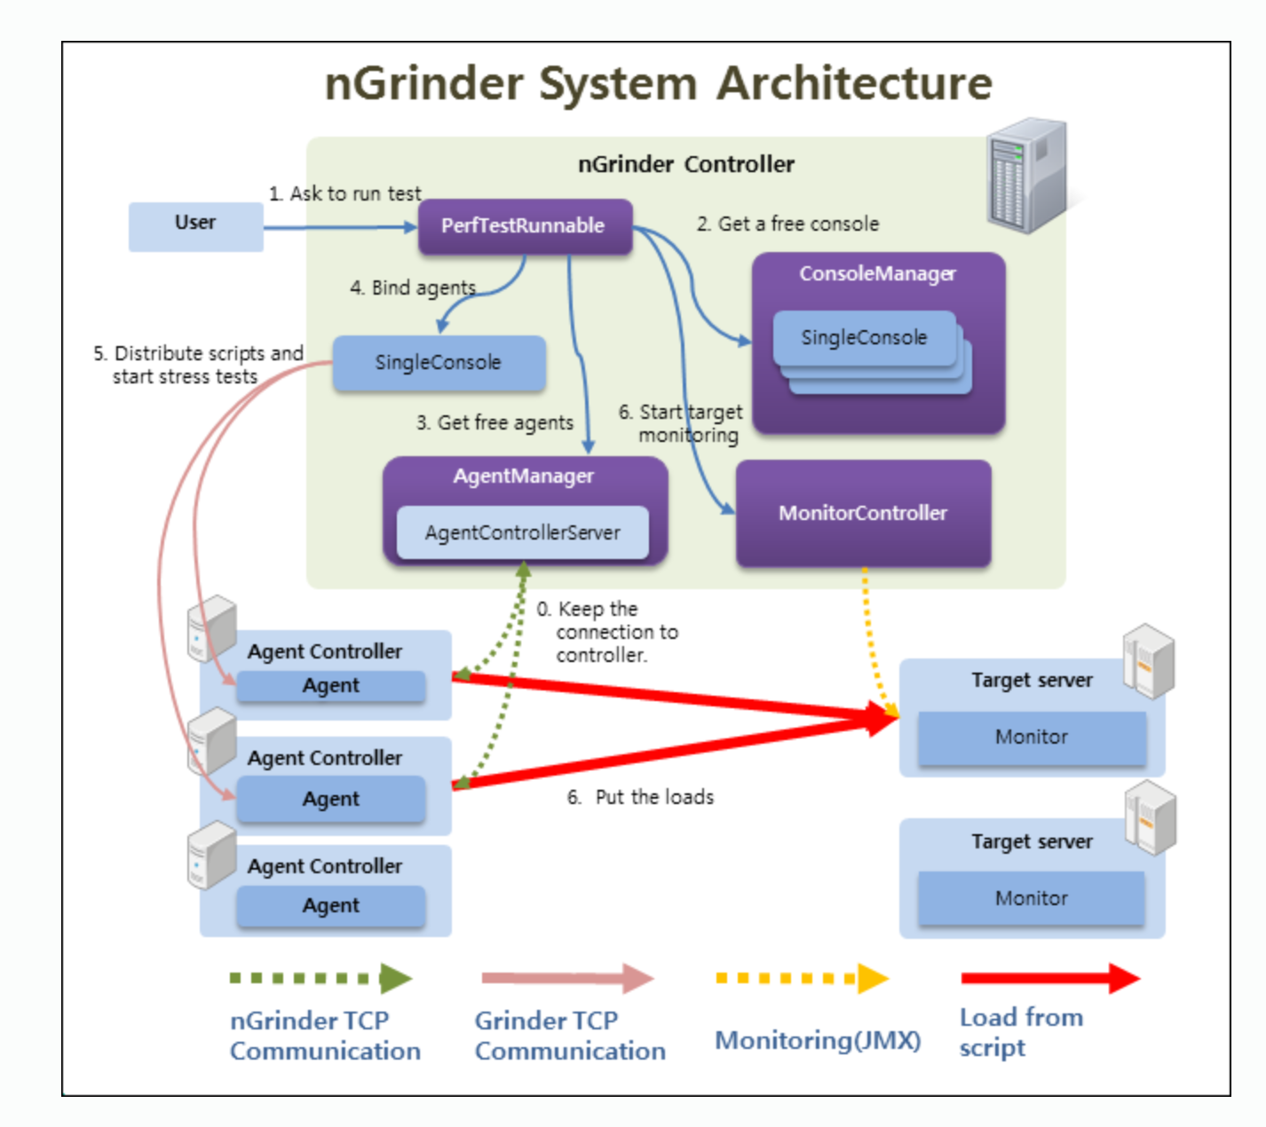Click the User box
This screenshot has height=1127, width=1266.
click(x=195, y=226)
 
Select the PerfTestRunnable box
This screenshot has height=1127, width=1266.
click(x=524, y=226)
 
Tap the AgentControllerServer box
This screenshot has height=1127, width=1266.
click(x=522, y=532)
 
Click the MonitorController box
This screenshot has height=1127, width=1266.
click(x=863, y=513)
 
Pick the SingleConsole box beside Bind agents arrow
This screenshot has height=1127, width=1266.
click(x=439, y=363)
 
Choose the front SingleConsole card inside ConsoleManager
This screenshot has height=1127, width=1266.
click(x=864, y=338)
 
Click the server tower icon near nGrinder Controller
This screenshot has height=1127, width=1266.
click(x=1027, y=176)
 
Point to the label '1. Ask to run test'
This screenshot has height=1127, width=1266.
click(x=345, y=193)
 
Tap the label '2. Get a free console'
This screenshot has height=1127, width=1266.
click(x=787, y=225)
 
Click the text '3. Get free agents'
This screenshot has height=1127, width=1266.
click(x=495, y=423)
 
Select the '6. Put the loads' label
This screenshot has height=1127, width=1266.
click(x=640, y=798)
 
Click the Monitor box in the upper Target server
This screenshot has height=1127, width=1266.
click(x=1032, y=737)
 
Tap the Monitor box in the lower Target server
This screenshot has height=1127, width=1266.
click(x=1032, y=899)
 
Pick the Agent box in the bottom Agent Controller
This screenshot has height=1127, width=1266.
click(x=331, y=906)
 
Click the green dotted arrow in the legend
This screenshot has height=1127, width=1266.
click(x=320, y=978)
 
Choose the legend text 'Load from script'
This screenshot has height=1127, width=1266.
click(x=1021, y=1032)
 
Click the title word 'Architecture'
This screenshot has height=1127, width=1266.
click(x=854, y=83)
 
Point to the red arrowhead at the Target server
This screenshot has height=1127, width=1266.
click(x=883, y=717)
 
